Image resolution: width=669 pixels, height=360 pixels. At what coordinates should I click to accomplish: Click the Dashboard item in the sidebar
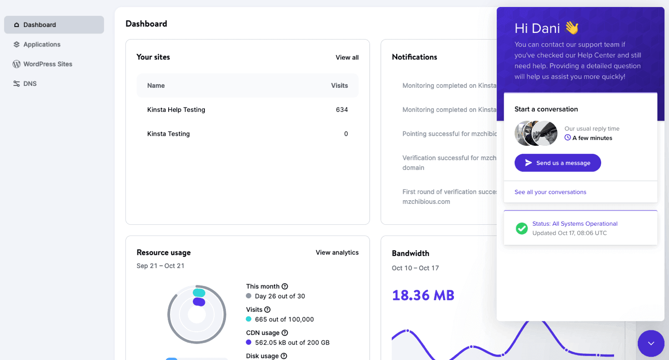tap(39, 25)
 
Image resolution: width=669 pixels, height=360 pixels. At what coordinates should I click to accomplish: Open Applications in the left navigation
tap(42, 45)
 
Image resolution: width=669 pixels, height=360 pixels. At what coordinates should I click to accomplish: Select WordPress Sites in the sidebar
tap(47, 64)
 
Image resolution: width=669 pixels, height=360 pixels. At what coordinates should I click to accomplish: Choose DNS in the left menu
tap(30, 84)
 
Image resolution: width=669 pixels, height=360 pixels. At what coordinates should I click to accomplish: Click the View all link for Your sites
tap(347, 58)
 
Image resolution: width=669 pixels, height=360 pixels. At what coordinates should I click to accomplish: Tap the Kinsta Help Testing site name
tap(176, 110)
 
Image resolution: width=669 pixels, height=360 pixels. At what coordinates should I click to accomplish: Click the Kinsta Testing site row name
tap(168, 134)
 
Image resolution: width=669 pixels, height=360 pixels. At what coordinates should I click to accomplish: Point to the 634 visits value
tap(341, 110)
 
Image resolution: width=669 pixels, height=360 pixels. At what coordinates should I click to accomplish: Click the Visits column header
tap(339, 85)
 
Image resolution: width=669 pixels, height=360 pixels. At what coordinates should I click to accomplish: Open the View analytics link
tap(337, 253)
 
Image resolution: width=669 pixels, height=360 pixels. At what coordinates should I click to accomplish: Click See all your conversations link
tap(550, 192)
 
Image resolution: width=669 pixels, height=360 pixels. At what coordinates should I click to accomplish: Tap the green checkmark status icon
tap(522, 228)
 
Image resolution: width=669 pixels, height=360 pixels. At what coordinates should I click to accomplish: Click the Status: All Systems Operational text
tap(575, 224)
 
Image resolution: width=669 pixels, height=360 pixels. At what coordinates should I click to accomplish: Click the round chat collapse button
tap(651, 343)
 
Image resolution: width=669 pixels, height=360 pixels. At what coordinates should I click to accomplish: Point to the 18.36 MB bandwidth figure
tap(423, 295)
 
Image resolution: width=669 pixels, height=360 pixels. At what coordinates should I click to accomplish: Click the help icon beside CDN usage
tap(285, 333)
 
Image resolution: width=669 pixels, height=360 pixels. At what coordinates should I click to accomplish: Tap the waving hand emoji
tap(572, 28)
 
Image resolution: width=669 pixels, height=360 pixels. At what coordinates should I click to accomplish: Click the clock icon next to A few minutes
tap(567, 137)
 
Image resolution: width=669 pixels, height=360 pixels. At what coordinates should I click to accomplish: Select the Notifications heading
tap(414, 57)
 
